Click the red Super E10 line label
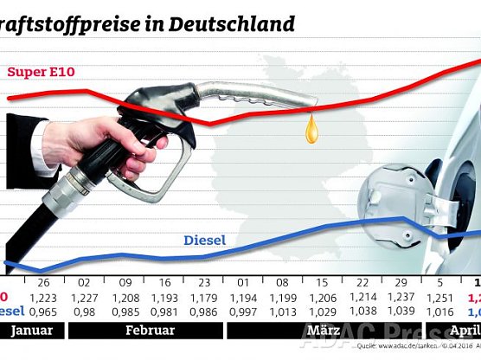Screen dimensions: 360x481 point(38,71)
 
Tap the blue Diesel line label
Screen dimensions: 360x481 point(204,241)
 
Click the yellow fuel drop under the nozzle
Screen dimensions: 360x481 point(311,131)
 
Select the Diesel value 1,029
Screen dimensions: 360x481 point(322,311)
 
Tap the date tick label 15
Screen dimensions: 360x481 point(322,283)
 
